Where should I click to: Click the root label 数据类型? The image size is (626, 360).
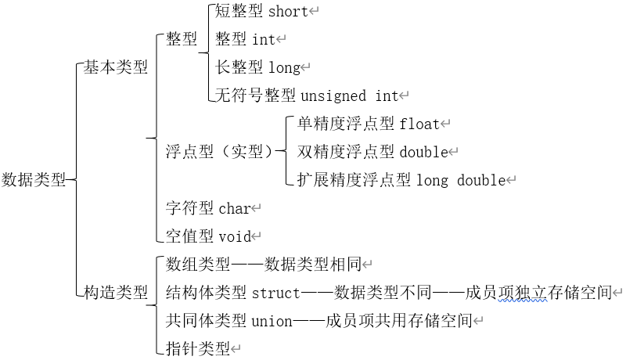click(x=34, y=180)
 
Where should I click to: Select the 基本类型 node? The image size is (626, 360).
click(x=116, y=67)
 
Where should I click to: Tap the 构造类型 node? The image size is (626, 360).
click(x=116, y=293)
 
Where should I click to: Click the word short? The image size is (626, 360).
click(x=288, y=11)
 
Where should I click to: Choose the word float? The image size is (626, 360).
click(x=419, y=124)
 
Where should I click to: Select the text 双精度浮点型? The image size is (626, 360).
click(x=346, y=151)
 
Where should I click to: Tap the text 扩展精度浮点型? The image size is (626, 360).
click(x=354, y=180)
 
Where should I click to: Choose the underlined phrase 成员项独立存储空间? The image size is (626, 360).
click(x=537, y=293)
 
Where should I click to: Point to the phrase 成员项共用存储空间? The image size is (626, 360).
click(x=399, y=320)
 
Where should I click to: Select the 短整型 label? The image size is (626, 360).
click(x=239, y=11)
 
